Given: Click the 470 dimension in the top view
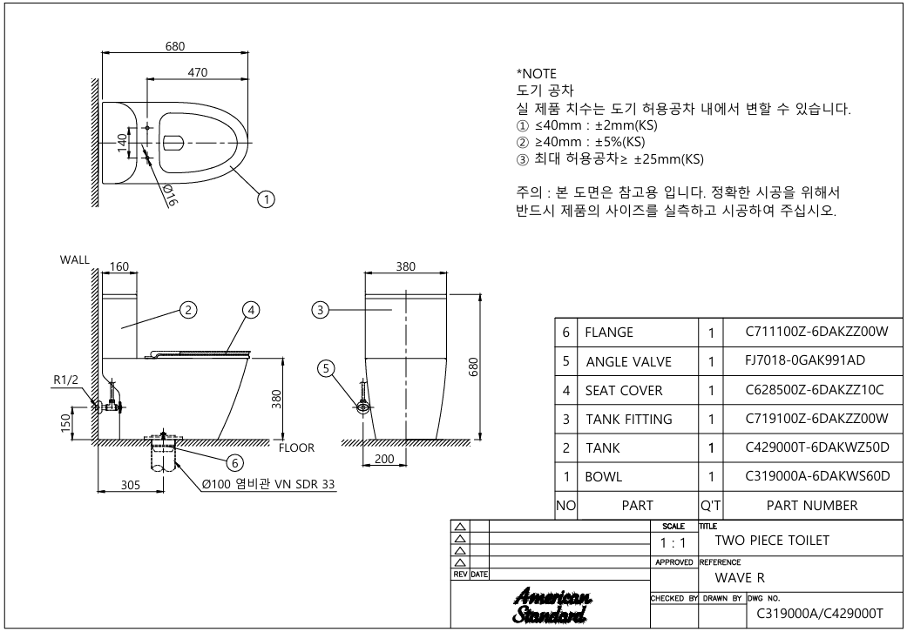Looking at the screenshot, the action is (197, 73).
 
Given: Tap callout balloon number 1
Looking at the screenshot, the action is (266, 199).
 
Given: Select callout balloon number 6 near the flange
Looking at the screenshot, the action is (235, 463).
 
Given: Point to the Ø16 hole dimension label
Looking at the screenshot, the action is (170, 195).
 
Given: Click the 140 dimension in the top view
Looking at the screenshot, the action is (122, 143).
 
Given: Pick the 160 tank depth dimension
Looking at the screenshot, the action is (119, 267).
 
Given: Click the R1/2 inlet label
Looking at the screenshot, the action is (65, 380).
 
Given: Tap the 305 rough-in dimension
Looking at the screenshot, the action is (131, 485).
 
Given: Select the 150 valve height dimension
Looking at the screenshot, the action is (66, 422).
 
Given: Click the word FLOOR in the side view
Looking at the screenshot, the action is (297, 447).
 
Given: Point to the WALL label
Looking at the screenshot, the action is (75, 260).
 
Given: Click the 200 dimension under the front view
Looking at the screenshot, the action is (384, 459).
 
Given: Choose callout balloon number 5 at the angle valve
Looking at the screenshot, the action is (326, 368).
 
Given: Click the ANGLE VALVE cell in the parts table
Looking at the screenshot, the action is (629, 361).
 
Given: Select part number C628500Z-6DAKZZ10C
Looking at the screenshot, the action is (815, 390).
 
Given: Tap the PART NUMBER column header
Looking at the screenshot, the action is (812, 506).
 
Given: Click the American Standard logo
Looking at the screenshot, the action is (552, 606).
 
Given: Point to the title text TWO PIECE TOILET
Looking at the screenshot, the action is (772, 541).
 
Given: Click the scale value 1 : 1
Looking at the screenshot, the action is (673, 543).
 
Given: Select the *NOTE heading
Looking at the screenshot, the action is (536, 74).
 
